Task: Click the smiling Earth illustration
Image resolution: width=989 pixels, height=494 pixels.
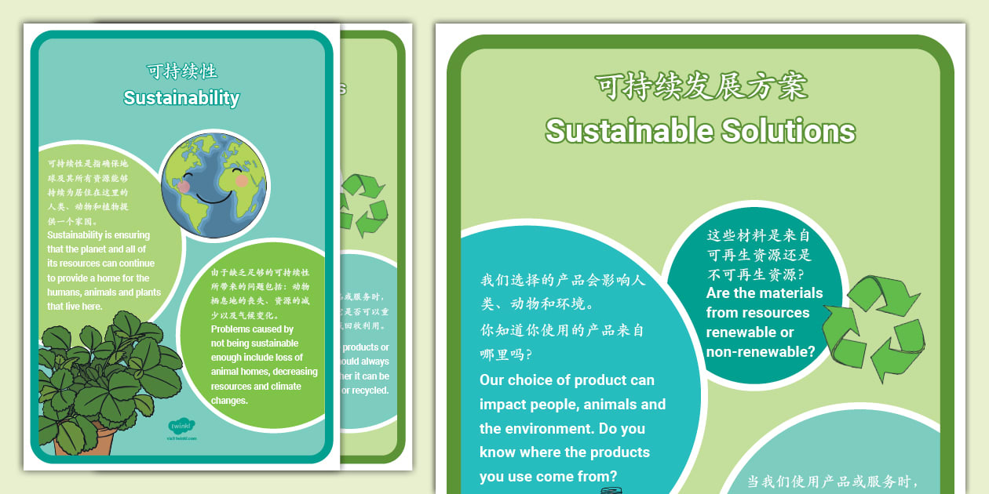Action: (214, 186)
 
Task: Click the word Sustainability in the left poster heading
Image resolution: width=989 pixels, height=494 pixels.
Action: (181, 98)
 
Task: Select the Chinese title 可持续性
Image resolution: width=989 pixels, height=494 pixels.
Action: (181, 71)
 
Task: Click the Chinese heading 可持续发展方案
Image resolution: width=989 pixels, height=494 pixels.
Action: (701, 86)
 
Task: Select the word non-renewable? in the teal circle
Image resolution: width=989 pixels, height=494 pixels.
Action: (761, 352)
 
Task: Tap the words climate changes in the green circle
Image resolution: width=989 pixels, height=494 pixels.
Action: (259, 393)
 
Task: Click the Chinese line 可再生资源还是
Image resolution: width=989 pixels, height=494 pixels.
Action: (759, 255)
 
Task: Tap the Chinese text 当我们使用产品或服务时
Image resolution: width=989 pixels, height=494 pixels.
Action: (831, 481)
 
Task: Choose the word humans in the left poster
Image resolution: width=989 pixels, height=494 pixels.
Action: (63, 292)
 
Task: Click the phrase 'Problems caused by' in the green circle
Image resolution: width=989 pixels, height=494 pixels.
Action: (252, 329)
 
